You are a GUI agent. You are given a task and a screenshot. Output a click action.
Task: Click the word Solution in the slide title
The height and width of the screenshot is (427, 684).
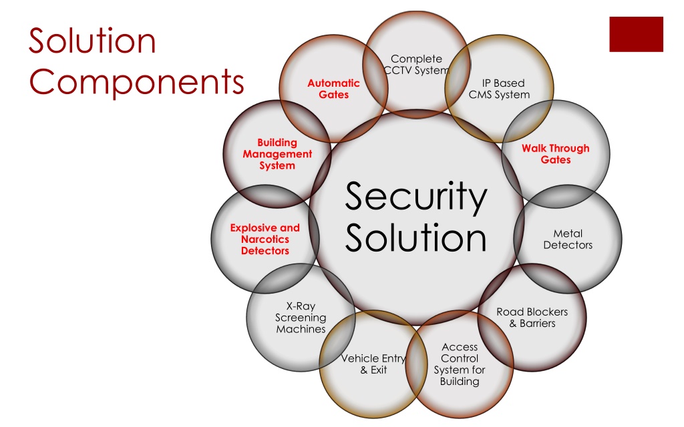(92, 41)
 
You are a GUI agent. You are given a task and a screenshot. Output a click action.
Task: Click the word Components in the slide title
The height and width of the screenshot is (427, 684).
(136, 81)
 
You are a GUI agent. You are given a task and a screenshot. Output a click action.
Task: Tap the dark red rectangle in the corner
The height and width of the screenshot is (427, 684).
(636, 35)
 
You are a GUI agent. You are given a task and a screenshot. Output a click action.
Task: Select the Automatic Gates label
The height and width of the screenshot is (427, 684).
(334, 89)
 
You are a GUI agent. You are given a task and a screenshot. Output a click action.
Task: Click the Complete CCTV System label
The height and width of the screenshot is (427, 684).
(417, 65)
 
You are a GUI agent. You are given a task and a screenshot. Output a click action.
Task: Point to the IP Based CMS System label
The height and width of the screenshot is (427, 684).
(500, 89)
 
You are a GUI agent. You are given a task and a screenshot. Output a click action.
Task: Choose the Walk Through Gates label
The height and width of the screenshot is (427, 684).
(556, 154)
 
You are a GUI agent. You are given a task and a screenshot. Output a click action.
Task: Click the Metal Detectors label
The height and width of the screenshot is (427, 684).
(568, 240)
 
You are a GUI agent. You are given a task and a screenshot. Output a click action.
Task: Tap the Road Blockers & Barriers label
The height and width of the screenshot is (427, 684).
(532, 318)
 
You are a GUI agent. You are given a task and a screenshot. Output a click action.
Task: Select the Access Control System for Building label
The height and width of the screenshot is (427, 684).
(460, 364)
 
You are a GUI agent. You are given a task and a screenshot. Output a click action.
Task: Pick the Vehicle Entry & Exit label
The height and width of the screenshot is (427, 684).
(373, 364)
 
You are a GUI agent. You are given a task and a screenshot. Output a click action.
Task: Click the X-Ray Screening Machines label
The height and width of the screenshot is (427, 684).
(301, 318)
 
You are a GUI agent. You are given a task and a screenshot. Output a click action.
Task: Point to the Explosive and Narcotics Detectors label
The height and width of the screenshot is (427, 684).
(265, 240)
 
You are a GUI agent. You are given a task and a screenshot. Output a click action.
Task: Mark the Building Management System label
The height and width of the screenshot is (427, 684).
(277, 154)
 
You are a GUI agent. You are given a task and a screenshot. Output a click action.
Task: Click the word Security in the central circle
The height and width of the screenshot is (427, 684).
(415, 197)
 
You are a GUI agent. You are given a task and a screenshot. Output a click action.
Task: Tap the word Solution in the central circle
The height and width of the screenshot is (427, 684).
(415, 238)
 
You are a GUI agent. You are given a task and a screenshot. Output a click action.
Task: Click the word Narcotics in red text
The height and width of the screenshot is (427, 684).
(265, 240)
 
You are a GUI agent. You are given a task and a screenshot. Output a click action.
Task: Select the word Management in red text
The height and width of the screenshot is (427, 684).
(277, 154)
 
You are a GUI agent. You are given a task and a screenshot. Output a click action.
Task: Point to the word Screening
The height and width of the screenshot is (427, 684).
(301, 318)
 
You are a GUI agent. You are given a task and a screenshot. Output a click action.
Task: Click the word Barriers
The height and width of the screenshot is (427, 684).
(538, 324)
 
